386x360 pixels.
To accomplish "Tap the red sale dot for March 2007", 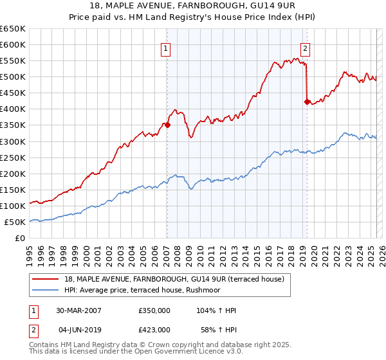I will [167, 125].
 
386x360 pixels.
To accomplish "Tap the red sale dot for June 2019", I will [306, 101].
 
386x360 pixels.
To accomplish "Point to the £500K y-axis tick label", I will [13, 77].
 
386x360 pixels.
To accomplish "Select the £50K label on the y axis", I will [15, 222].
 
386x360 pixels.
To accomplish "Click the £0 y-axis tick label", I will [19, 239].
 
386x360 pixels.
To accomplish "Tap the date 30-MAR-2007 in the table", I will [79, 310].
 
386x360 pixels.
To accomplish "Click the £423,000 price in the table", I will [154, 329].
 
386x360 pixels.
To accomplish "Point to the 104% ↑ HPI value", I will [216, 310].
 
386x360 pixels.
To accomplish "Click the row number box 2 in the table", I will [32, 329].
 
